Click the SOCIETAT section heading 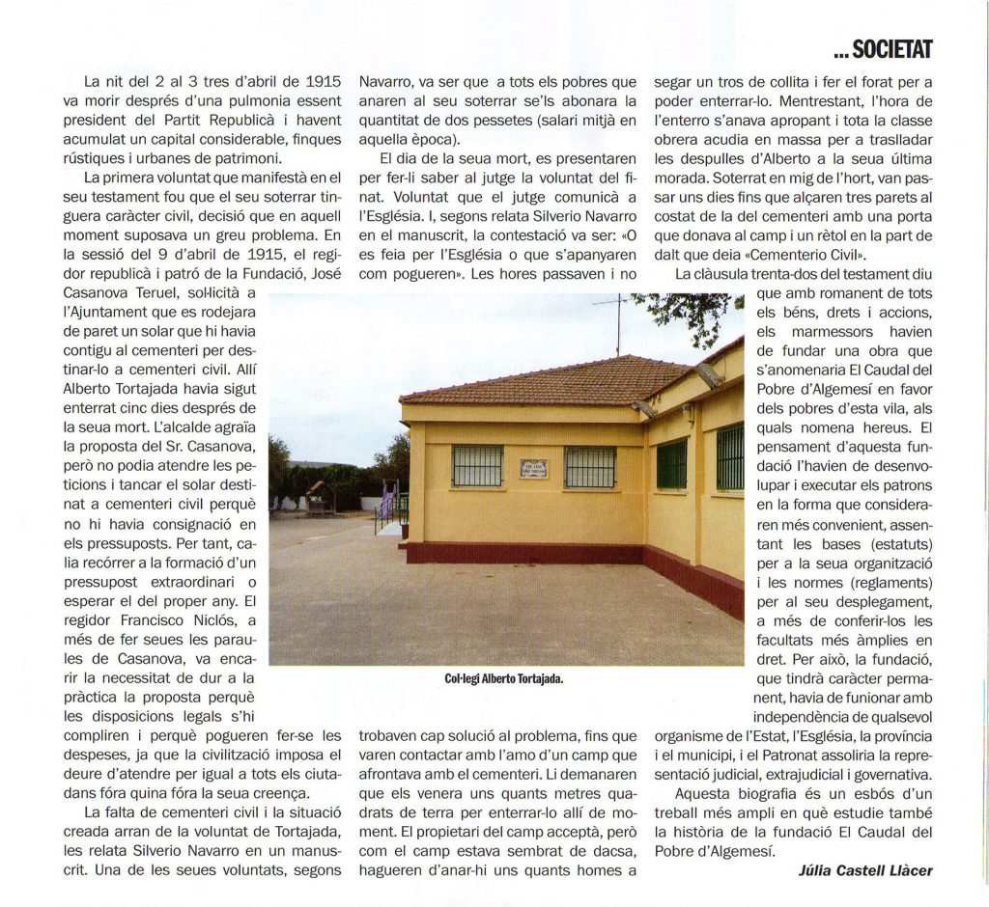pyautogui.click(x=888, y=49)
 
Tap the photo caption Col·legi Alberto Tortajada pyautogui.click(x=503, y=678)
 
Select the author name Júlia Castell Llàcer pyautogui.click(x=865, y=869)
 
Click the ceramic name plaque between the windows pyautogui.click(x=533, y=468)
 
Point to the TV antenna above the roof pyautogui.click(x=616, y=319)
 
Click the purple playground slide pyautogui.click(x=388, y=502)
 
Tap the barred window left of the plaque pyautogui.click(x=477, y=465)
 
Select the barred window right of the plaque pyautogui.click(x=590, y=466)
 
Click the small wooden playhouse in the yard pyautogui.click(x=321, y=496)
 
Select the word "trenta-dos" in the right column pyautogui.click(x=820, y=275)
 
